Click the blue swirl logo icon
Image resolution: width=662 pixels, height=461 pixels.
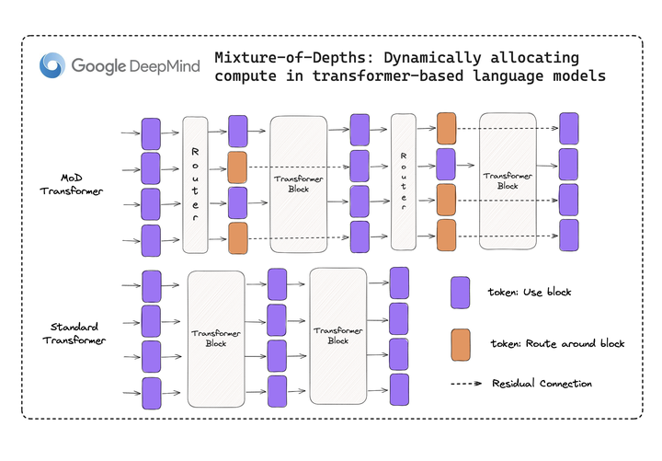[x=53, y=66]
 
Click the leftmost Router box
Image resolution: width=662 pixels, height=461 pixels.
[x=196, y=184]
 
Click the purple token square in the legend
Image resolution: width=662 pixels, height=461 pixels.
[x=461, y=293]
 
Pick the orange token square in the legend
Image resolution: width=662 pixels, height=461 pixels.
[x=461, y=343]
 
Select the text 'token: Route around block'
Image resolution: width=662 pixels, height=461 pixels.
[x=555, y=343]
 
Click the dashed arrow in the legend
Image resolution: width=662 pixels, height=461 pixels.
[x=466, y=383]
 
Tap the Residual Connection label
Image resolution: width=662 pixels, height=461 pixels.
[x=542, y=383]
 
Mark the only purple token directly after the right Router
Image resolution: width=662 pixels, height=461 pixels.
[x=446, y=164]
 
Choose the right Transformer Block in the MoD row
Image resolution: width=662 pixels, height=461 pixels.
[x=508, y=180]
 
